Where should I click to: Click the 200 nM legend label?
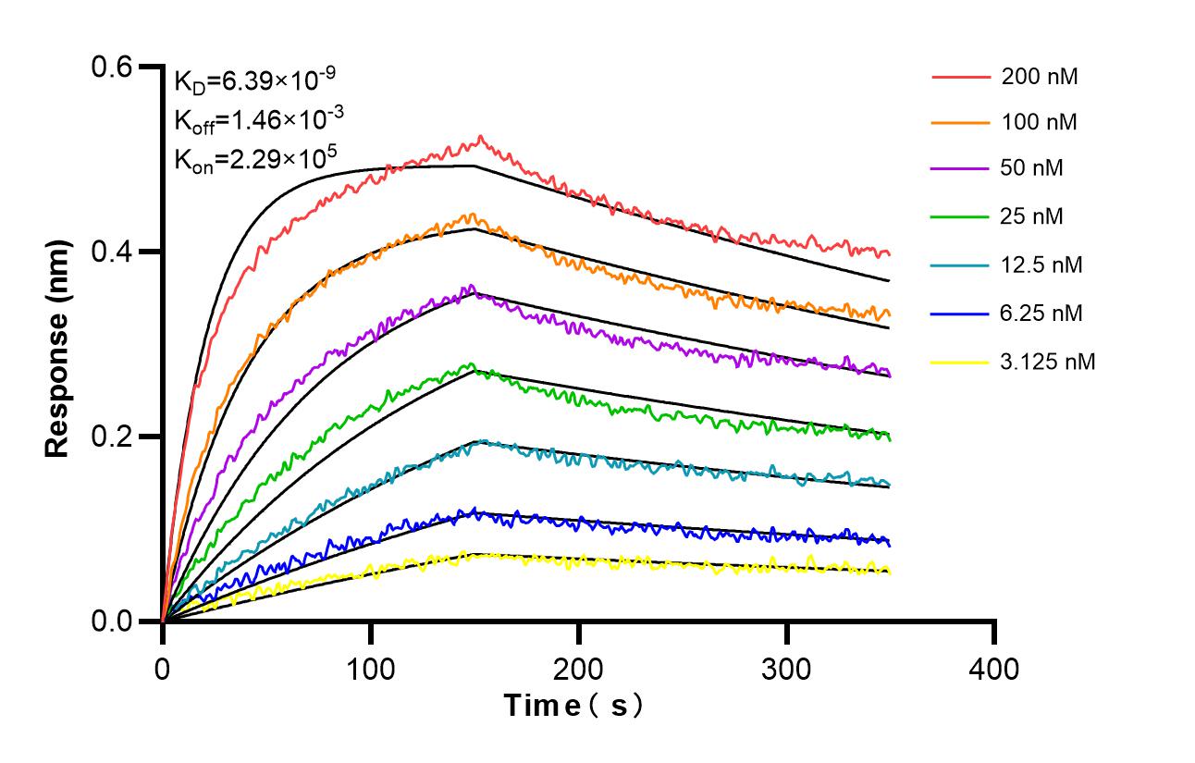click(1040, 77)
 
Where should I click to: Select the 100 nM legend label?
click(1040, 122)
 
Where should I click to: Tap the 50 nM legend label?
click(1032, 168)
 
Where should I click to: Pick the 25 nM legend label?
click(1032, 216)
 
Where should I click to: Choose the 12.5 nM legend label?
click(1041, 265)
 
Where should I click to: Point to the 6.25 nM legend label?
click(1041, 314)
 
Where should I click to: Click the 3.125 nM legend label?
click(1048, 362)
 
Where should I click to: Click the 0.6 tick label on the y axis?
click(113, 67)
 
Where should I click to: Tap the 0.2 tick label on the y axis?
click(113, 437)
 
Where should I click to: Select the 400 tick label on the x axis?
click(994, 667)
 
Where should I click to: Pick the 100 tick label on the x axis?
click(371, 667)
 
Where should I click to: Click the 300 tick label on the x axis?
click(787, 667)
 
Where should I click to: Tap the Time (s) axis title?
click(573, 706)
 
